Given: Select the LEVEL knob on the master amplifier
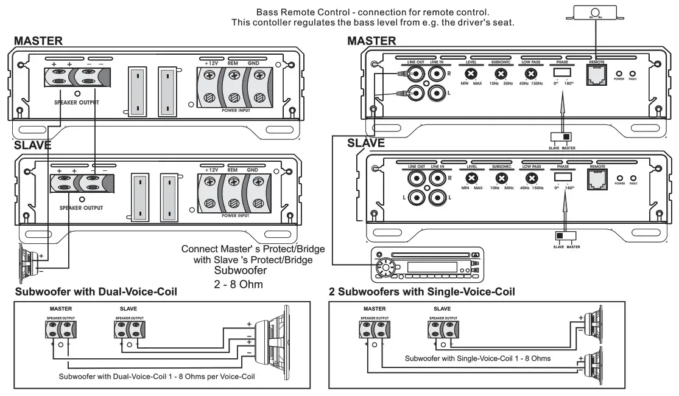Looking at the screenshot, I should coord(470,75).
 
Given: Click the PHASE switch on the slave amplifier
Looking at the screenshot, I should coord(562,177).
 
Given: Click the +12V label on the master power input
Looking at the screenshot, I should coord(211,63).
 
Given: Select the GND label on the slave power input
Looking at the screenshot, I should coord(253,170).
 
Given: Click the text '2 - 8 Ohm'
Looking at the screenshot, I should coord(239,283).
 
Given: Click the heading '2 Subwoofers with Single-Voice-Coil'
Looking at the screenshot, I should coord(421,292).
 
